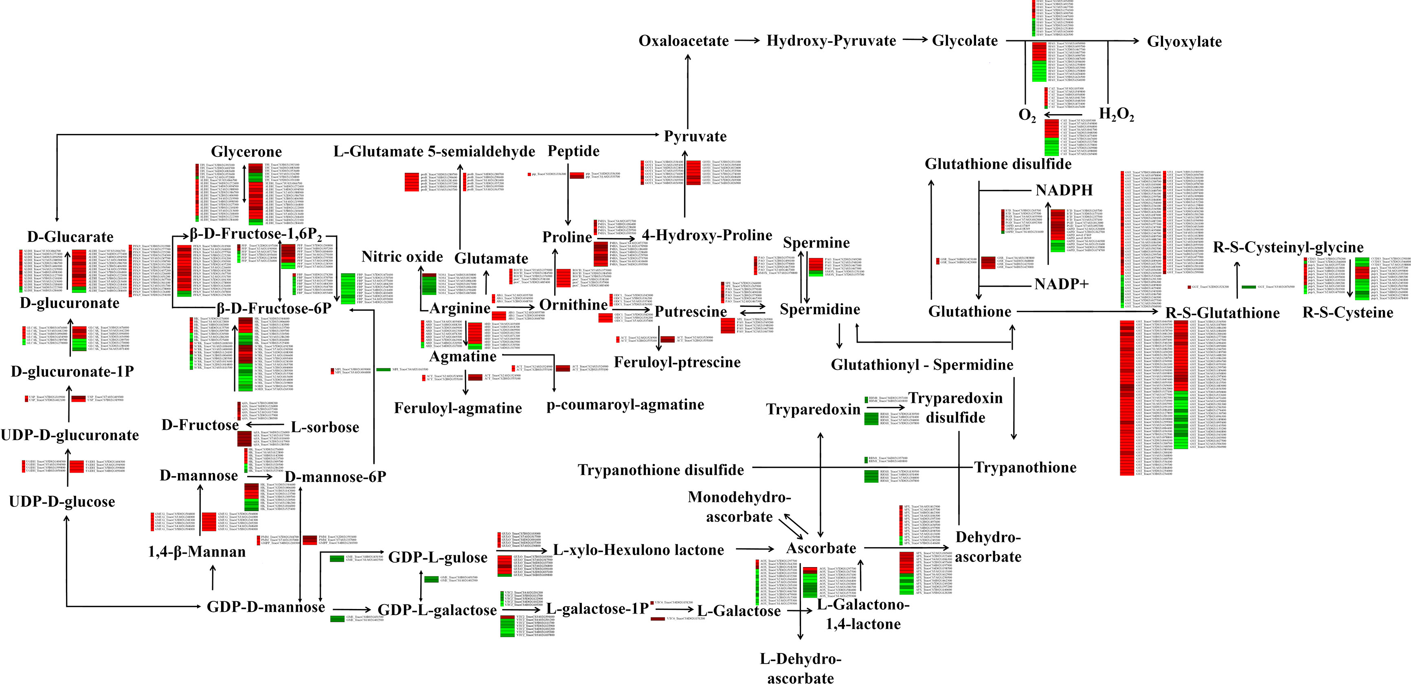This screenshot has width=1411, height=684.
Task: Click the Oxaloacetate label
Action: click(x=684, y=41)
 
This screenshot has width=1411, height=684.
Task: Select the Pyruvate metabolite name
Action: click(x=695, y=136)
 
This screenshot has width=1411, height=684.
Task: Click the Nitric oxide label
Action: click(x=402, y=257)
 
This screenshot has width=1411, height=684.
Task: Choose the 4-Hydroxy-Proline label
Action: click(x=707, y=236)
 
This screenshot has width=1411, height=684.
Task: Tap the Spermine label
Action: click(x=816, y=243)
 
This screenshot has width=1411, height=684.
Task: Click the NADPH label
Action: click(x=1064, y=191)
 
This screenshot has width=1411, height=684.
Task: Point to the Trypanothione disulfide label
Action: click(x=661, y=470)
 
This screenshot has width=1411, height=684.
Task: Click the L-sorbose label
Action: click(x=325, y=427)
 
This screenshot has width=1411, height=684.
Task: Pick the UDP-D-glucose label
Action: click(x=62, y=502)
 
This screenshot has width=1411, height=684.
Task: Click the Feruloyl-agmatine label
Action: click(x=458, y=408)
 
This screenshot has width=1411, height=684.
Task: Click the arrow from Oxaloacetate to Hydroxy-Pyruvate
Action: click(x=747, y=41)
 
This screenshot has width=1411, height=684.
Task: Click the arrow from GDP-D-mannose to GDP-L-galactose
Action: click(x=352, y=609)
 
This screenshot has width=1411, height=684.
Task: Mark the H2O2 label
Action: click(x=1116, y=114)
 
